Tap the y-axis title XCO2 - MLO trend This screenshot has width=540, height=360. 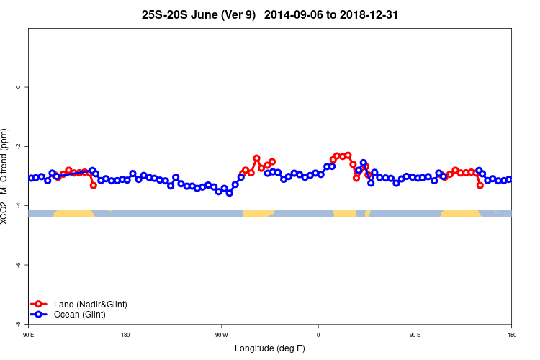(6, 176)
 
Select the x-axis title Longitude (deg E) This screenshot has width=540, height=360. (269, 348)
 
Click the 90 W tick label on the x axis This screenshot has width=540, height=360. (221, 334)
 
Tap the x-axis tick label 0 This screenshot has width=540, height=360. (318, 334)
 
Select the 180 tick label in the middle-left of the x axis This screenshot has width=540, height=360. (125, 334)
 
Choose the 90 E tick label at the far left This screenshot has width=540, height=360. (29, 334)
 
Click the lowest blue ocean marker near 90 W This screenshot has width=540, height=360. (230, 193)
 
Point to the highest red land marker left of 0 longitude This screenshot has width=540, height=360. (256, 158)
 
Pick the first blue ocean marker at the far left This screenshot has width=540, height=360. (31, 178)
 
